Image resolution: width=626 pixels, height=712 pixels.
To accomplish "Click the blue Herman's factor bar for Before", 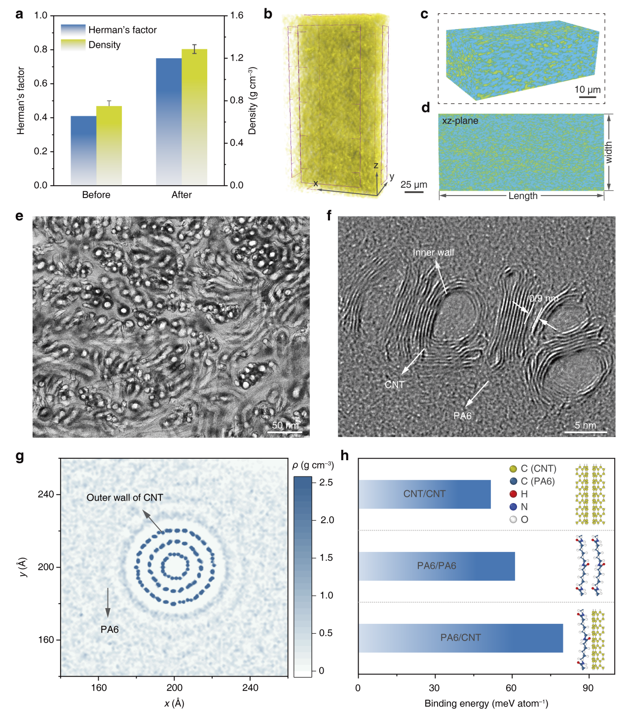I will (83, 150).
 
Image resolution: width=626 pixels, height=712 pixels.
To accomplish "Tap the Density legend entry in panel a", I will (104, 45).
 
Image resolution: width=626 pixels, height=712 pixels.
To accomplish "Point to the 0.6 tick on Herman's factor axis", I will (40, 83).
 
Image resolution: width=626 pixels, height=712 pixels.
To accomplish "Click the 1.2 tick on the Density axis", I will (237, 58).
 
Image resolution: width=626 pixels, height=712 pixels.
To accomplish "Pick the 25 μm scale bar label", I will (413, 185).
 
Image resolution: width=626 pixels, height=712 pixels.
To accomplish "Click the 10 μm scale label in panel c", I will (587, 90).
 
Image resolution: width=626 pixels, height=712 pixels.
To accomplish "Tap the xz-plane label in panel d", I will (460, 121).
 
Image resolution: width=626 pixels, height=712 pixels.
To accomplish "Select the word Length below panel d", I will (522, 196).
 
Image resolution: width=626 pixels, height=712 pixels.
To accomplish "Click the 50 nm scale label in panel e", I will (285, 425).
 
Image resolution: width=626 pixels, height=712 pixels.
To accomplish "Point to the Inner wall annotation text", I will (433, 252).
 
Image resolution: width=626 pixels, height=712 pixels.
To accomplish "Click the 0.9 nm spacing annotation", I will (544, 299).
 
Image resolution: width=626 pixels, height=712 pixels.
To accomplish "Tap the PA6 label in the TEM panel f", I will (462, 416).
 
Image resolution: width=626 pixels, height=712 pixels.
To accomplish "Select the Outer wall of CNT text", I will (125, 498).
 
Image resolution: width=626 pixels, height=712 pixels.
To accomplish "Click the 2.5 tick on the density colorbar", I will (326, 482).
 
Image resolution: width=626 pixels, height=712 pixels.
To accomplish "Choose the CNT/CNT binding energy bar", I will (424, 494).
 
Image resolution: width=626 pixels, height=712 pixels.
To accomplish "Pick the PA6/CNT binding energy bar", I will (460, 638).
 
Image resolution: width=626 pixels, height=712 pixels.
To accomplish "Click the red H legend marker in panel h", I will (513, 494).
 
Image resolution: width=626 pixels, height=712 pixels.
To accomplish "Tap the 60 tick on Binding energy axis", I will (511, 688).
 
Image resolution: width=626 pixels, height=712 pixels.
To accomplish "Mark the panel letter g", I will (20, 456).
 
